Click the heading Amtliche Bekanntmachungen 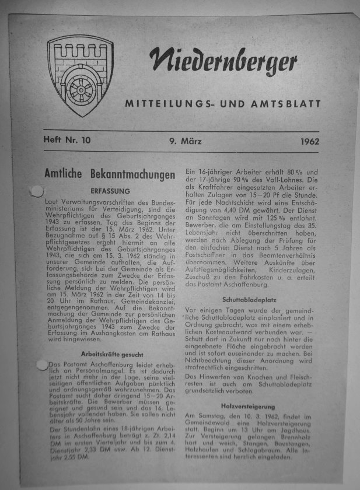click(x=110, y=174)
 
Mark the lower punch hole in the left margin click(x=41, y=365)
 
